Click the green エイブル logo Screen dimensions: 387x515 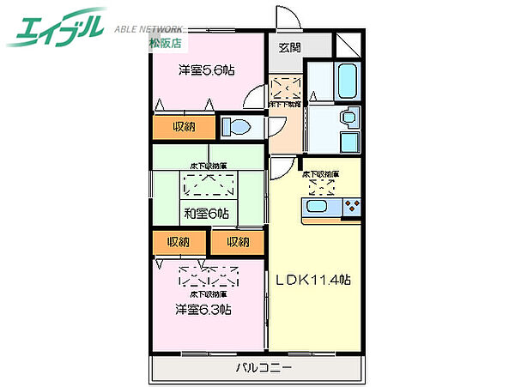[x=57, y=28]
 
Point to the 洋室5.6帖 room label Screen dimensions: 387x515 [x=207, y=70]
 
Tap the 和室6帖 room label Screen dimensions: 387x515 [x=206, y=213]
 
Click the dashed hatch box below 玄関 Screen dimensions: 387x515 [x=286, y=88]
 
